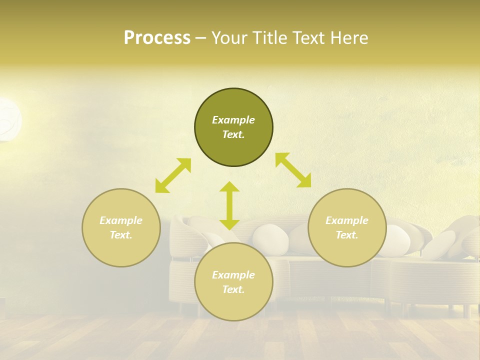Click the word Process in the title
coord(157,38)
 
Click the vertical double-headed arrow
coord(229,205)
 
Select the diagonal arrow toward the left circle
coord(173,175)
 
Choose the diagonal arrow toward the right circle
coord(293,170)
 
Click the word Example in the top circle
coord(233,120)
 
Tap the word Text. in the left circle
coord(121,235)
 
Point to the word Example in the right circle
coord(347,220)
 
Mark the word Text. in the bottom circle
coord(233,289)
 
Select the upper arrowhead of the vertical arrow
coord(229,186)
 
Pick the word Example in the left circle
coord(121,220)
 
